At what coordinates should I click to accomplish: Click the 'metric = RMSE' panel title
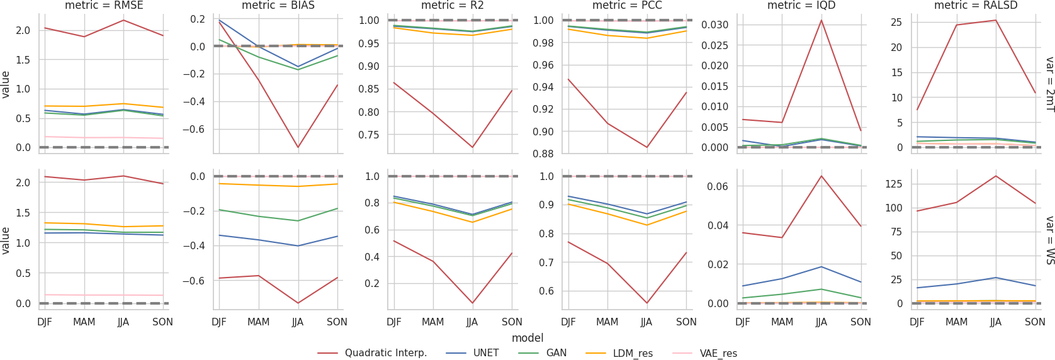104,6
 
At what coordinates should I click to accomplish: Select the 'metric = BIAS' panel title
278,6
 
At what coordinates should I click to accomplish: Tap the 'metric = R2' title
453,6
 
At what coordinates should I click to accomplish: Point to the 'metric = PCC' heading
627,6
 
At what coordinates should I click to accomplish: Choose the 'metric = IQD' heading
801,6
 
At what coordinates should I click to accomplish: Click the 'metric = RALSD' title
976,6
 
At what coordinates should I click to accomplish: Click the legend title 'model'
527,338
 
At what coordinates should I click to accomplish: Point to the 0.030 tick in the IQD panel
715,25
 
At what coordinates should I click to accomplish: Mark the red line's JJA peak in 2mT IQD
821,20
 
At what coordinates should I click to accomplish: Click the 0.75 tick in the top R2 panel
370,135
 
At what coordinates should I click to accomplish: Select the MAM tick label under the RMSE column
84,322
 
